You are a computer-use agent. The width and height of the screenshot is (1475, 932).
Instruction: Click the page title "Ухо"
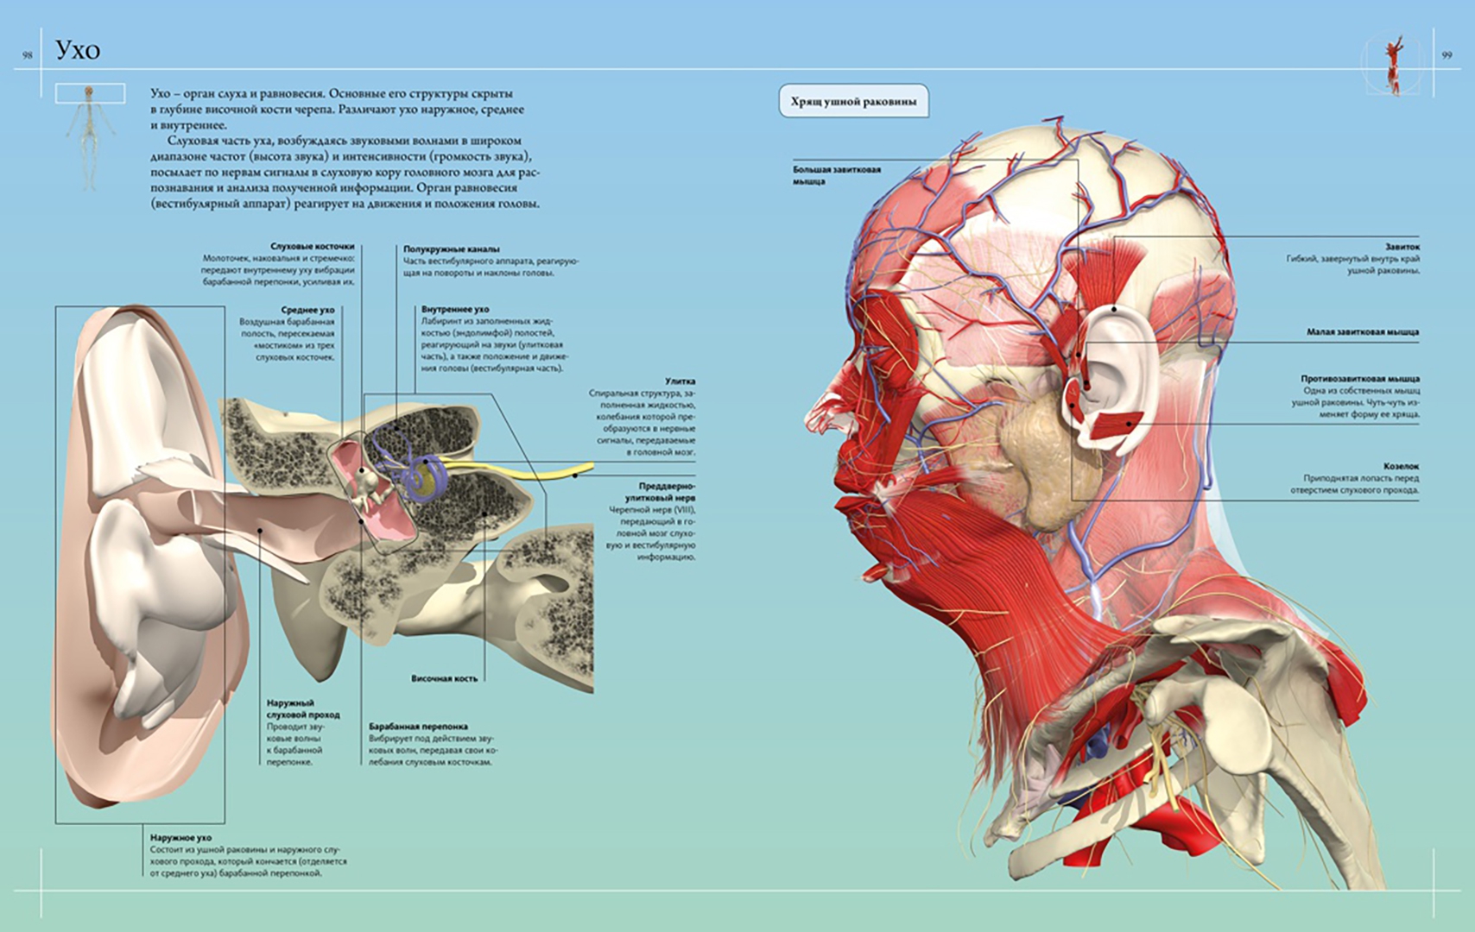tap(78, 50)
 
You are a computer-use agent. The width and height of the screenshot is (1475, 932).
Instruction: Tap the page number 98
tap(28, 55)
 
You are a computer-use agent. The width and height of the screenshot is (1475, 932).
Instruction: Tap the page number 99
tap(1447, 55)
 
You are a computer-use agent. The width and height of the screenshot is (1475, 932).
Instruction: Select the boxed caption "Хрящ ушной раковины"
tap(853, 102)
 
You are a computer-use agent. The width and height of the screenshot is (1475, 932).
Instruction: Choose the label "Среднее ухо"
tap(307, 310)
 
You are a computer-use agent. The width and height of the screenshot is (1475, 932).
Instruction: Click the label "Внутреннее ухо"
tap(455, 309)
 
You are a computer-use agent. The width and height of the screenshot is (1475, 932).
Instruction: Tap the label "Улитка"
tap(680, 381)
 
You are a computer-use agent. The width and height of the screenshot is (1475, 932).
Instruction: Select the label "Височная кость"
tap(444, 679)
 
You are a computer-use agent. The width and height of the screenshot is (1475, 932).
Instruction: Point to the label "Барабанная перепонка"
tap(418, 727)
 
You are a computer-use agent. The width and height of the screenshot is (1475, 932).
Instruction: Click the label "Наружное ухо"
tap(180, 838)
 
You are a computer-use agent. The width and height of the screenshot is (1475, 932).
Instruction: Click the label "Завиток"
tap(1402, 247)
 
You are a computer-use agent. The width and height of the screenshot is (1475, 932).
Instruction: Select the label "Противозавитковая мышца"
tap(1360, 379)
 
